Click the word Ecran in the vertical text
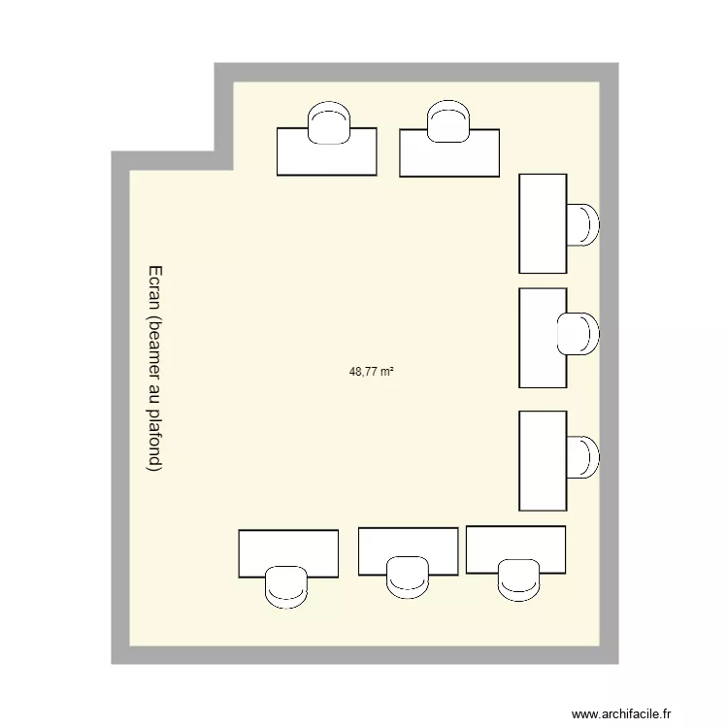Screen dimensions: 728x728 154,287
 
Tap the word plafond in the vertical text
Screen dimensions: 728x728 154,441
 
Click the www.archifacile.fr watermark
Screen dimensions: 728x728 621,713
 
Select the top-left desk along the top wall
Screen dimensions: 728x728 326,155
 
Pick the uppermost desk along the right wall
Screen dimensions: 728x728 543,223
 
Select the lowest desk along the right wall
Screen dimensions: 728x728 543,460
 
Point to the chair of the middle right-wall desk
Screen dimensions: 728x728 579,334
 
